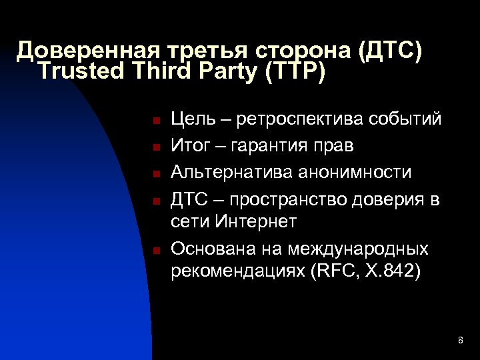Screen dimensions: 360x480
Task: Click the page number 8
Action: [x=461, y=341]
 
